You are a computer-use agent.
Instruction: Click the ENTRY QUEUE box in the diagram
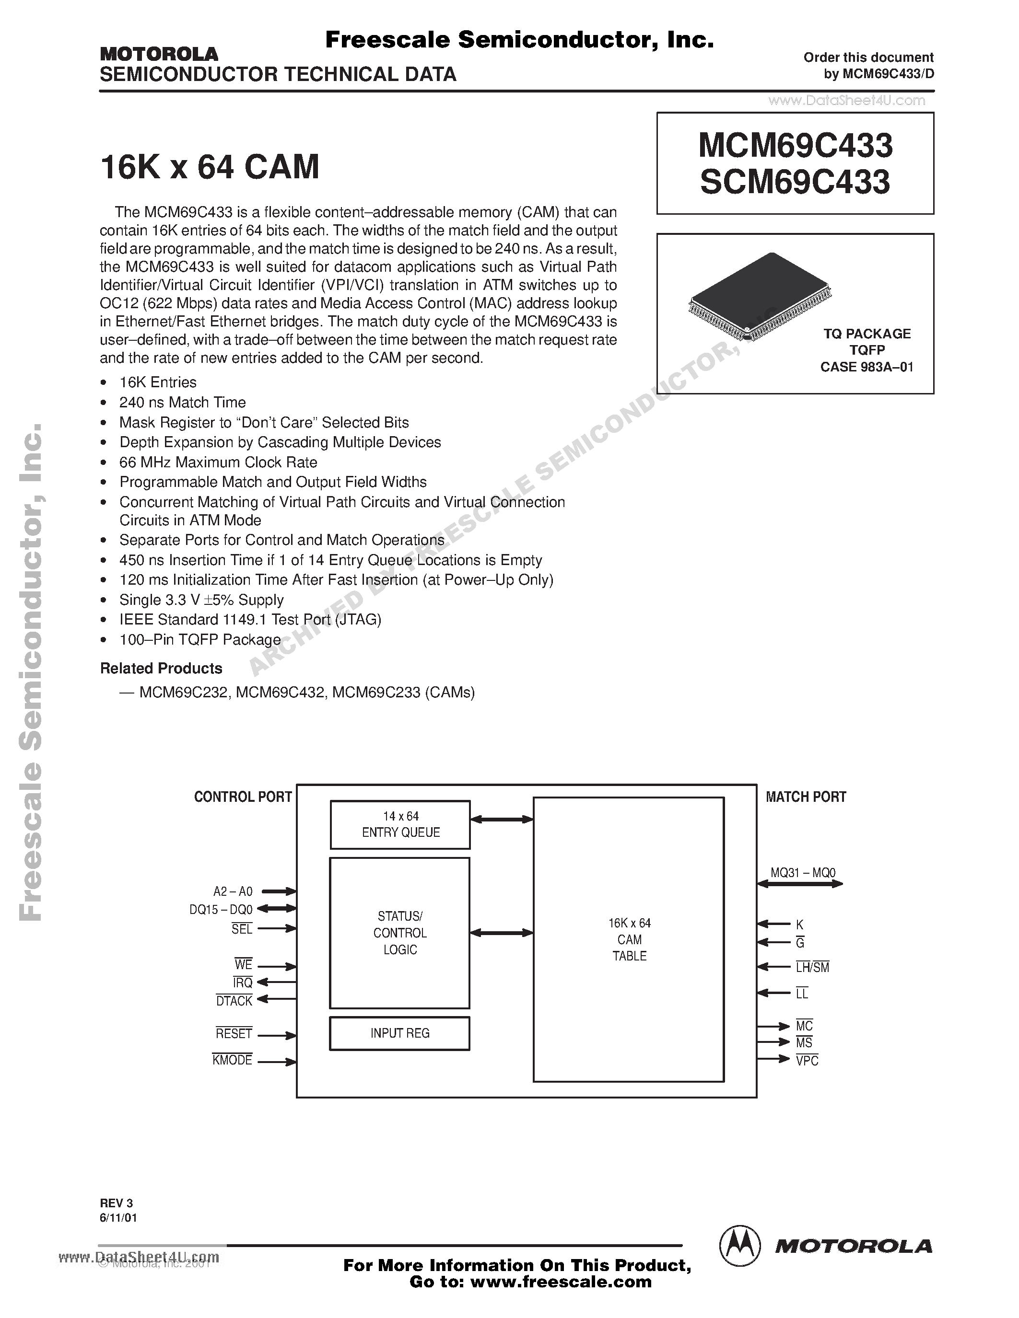[x=399, y=824]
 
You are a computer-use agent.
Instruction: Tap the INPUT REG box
[x=399, y=1033]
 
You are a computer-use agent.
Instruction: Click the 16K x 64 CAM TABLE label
[x=629, y=940]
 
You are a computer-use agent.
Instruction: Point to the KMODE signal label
[x=233, y=1060]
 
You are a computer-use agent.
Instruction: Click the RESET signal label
[x=234, y=1034]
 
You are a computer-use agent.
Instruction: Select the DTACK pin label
[x=234, y=1001]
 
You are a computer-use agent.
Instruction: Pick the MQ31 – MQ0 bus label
[x=803, y=873]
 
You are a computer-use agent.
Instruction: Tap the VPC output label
[x=807, y=1061]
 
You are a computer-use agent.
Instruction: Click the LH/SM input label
[x=812, y=967]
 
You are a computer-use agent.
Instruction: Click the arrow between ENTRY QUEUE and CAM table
[x=501, y=820]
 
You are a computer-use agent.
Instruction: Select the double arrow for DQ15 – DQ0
[x=278, y=908]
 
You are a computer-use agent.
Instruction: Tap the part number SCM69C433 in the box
[x=795, y=182]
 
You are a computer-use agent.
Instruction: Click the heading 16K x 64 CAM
[x=210, y=167]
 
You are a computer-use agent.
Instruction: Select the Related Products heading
[x=161, y=668]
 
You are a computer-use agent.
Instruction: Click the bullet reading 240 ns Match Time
[x=182, y=403]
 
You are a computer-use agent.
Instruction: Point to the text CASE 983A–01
[x=867, y=367]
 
